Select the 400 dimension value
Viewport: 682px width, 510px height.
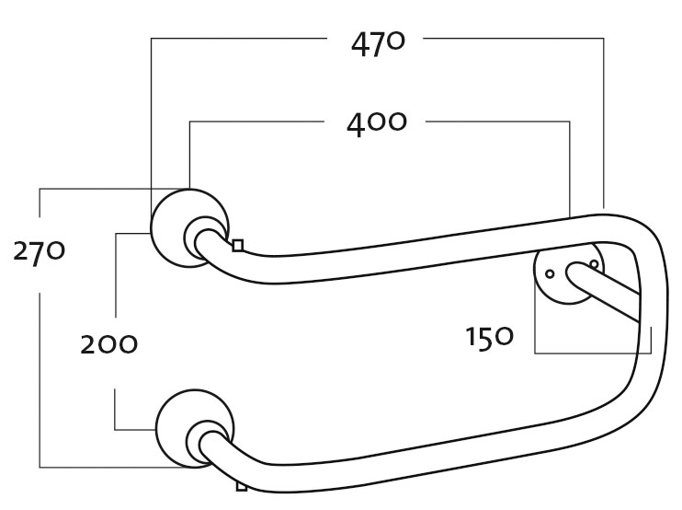point(376,122)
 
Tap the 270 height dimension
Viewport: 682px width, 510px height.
point(39,250)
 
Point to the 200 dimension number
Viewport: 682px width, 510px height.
point(108,344)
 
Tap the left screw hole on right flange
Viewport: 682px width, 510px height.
point(550,273)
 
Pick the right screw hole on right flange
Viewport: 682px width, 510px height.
point(594,264)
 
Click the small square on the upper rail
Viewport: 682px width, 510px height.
point(238,245)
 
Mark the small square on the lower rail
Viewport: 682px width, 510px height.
point(242,485)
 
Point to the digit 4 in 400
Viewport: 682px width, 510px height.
point(358,123)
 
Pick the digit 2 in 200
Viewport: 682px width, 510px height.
point(88,344)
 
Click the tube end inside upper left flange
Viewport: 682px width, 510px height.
point(199,236)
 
